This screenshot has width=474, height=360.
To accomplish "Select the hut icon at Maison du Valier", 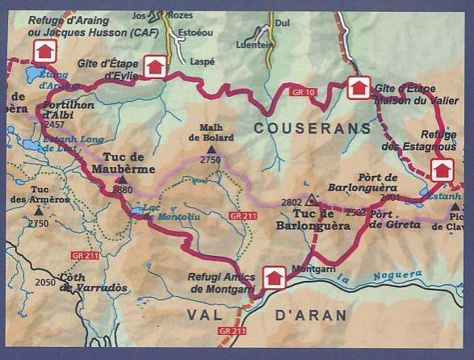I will coord(359,87).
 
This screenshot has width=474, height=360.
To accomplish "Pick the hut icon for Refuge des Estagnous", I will coord(441,170).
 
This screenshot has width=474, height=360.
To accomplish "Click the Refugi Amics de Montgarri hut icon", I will coord(275,278).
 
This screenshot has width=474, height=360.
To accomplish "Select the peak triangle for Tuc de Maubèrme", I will coord(120,179).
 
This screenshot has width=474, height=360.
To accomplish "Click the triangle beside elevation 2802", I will coord(311,199).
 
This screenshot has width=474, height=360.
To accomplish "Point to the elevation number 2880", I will coord(123,190).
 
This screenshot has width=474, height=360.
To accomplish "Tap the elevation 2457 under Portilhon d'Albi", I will coord(55,125).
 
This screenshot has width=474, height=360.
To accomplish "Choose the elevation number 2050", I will coord(46,282).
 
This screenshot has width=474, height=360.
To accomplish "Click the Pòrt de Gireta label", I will coord(395,220).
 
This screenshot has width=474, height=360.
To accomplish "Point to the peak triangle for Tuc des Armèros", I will coord(38,211).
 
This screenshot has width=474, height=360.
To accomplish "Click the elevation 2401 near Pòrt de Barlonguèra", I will coord(389,197).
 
